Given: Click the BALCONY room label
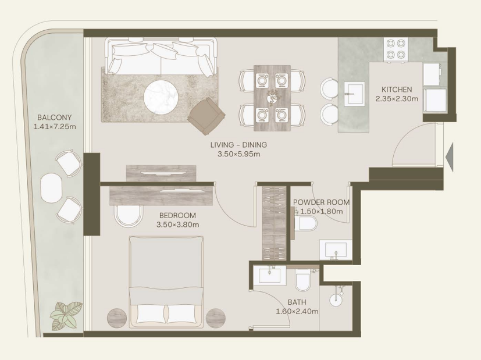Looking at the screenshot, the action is click(54, 117).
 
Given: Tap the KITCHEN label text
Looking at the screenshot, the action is click(397, 90).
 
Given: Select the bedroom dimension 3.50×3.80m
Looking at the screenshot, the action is click(177, 224).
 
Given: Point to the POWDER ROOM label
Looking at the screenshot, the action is click(321, 202).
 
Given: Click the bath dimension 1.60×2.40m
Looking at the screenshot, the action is click(297, 312).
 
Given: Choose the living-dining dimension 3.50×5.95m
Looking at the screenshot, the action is click(238, 154).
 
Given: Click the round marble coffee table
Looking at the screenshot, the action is click(161, 97).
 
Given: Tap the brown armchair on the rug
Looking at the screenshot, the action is click(206, 116).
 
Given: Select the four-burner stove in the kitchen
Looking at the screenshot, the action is click(396, 49).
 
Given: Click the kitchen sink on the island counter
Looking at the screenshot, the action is click(354, 94).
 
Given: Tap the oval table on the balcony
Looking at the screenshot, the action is click(52, 188).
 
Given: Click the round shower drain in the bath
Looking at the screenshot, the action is click(337, 300).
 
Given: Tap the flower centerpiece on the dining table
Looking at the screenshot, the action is click(272, 97).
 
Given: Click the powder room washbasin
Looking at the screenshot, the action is click(335, 250).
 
